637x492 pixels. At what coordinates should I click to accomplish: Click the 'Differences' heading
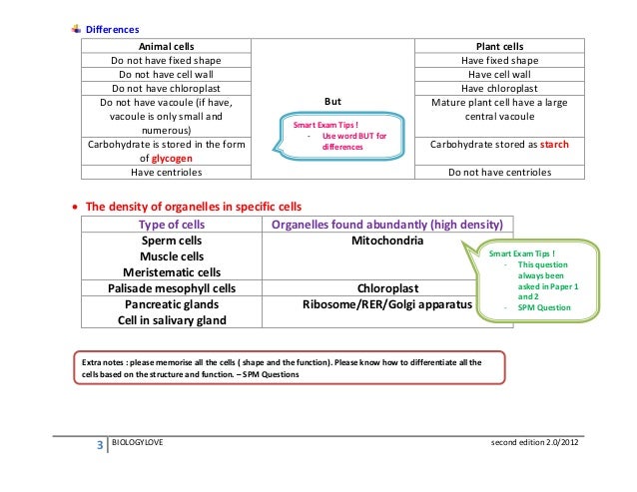[112, 30]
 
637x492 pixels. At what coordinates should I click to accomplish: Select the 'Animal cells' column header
[166, 46]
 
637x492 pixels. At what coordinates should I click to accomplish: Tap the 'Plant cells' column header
[499, 46]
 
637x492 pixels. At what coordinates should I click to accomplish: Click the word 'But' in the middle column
[334, 102]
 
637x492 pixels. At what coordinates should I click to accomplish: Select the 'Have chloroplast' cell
[499, 88]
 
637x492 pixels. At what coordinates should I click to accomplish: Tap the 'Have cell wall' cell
[499, 74]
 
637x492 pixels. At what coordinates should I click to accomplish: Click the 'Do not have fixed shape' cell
[166, 60]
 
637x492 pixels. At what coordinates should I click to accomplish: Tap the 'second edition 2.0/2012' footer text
[534, 441]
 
